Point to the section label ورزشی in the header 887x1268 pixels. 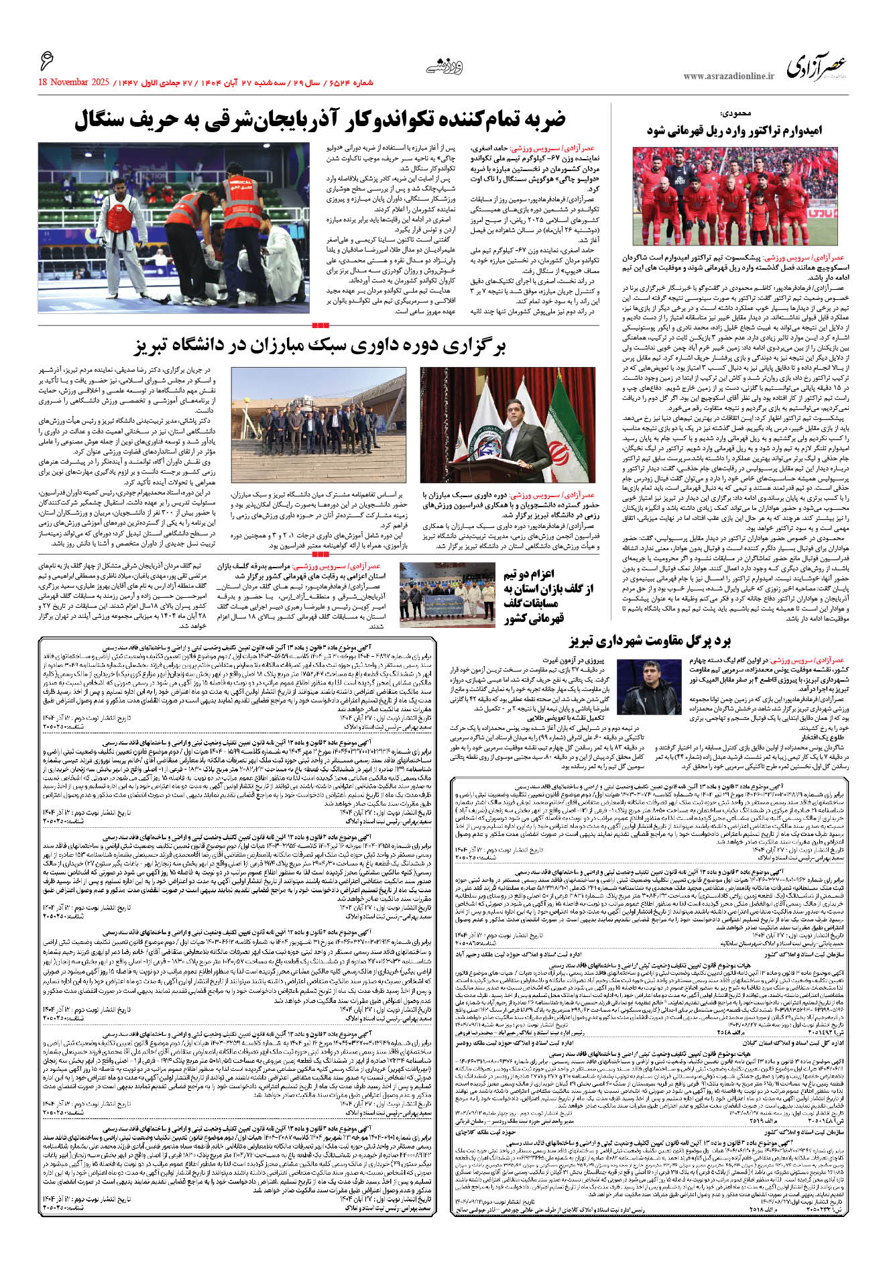click(x=445, y=66)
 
